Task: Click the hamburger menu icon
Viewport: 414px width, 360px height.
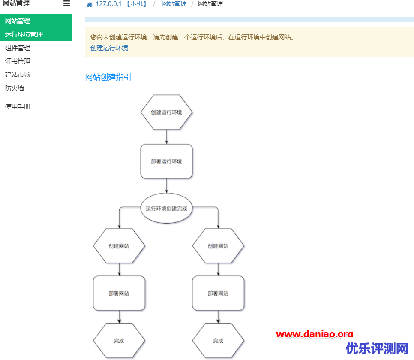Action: coord(66,3)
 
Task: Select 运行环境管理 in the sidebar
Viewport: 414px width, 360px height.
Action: coord(24,35)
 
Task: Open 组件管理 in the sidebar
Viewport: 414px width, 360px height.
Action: coord(18,48)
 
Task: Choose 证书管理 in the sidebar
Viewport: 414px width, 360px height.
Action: coord(18,61)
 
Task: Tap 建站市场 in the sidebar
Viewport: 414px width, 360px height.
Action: coord(18,75)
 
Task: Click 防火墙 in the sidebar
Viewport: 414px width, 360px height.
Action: coord(15,88)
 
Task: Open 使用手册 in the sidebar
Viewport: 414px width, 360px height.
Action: coord(18,107)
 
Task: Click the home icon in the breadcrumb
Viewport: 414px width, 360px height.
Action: coord(90,4)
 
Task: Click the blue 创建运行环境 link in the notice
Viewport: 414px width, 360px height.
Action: coord(109,48)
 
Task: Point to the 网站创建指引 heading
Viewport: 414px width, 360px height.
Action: coord(108,77)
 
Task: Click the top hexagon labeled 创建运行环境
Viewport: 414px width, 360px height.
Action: coord(166,112)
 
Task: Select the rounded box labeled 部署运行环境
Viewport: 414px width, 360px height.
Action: coord(166,161)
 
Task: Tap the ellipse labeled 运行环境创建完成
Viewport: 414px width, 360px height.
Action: coord(166,208)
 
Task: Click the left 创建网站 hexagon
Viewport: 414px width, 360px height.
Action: coord(119,246)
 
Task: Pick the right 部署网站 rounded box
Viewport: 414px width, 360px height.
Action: coord(218,293)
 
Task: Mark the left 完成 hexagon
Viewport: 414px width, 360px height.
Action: coord(119,341)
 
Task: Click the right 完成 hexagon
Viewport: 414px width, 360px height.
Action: coord(218,341)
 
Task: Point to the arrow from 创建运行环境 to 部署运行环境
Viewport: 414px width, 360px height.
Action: coord(166,137)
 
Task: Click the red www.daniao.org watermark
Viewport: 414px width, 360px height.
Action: coord(315,334)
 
